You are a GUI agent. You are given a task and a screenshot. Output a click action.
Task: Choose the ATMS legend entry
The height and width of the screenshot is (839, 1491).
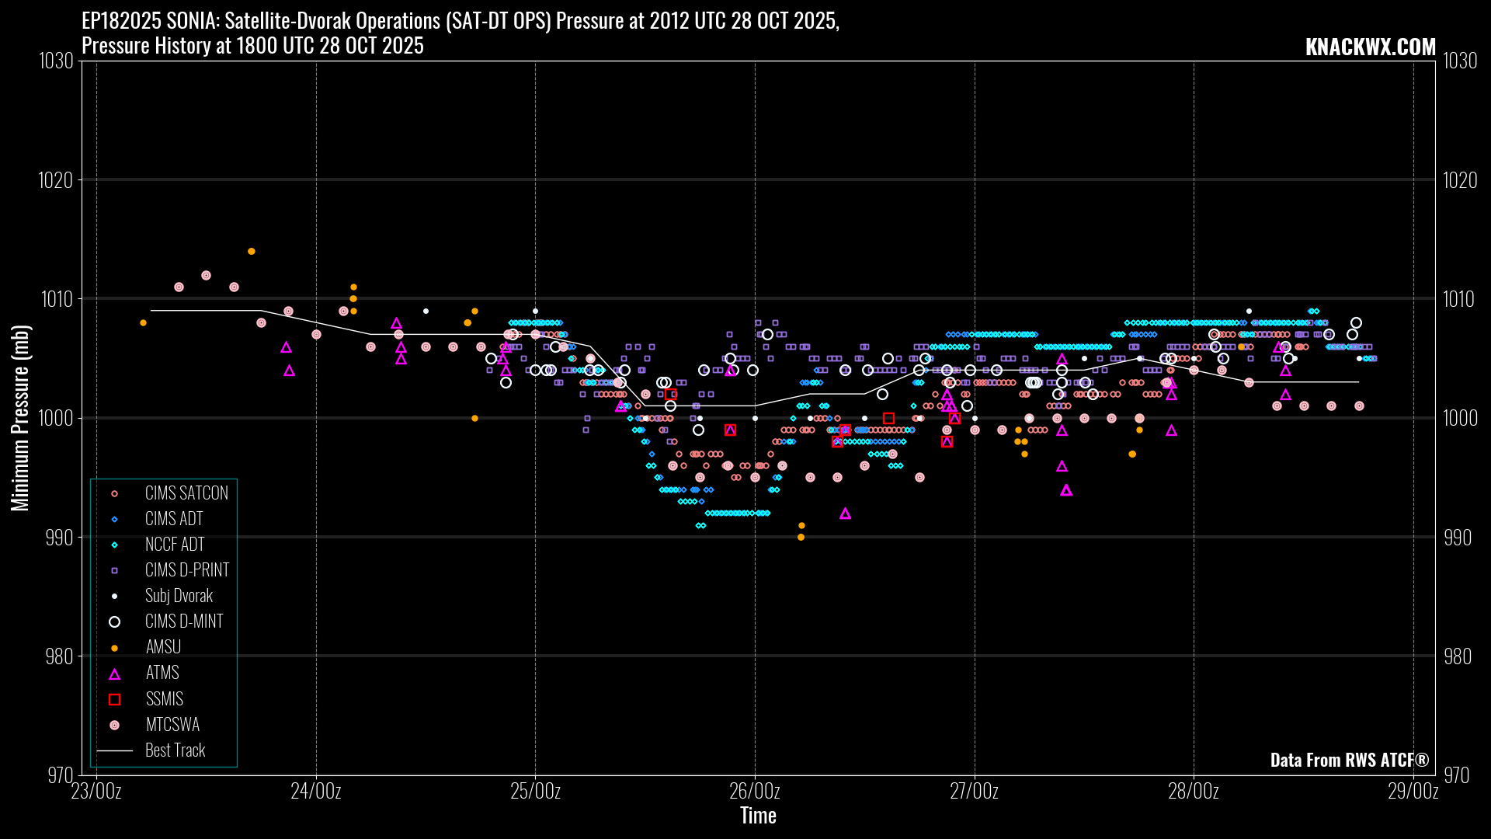click(162, 673)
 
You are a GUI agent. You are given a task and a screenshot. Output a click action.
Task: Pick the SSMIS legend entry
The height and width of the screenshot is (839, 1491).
click(164, 699)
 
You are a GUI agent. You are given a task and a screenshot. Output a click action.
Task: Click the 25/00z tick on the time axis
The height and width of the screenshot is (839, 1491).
click(535, 792)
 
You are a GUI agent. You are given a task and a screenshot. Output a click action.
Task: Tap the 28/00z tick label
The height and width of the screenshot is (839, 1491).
click(1194, 792)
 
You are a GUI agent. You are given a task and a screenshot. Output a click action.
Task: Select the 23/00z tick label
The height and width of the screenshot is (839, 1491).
click(96, 792)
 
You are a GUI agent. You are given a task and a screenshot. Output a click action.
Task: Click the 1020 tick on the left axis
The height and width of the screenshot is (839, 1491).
click(56, 180)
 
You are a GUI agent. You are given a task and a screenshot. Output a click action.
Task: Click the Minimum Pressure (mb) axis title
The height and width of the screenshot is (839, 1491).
click(20, 418)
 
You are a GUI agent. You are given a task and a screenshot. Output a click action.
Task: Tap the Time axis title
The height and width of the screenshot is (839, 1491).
click(758, 816)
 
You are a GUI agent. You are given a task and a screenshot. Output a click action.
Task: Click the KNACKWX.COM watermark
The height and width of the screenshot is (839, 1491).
click(1370, 47)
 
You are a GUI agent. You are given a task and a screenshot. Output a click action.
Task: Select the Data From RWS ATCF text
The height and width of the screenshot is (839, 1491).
click(1349, 760)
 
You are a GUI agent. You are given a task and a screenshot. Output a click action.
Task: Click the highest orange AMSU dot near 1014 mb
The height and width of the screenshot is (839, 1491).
click(252, 252)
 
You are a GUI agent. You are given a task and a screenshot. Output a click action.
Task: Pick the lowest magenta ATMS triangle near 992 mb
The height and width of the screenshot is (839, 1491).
click(845, 513)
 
